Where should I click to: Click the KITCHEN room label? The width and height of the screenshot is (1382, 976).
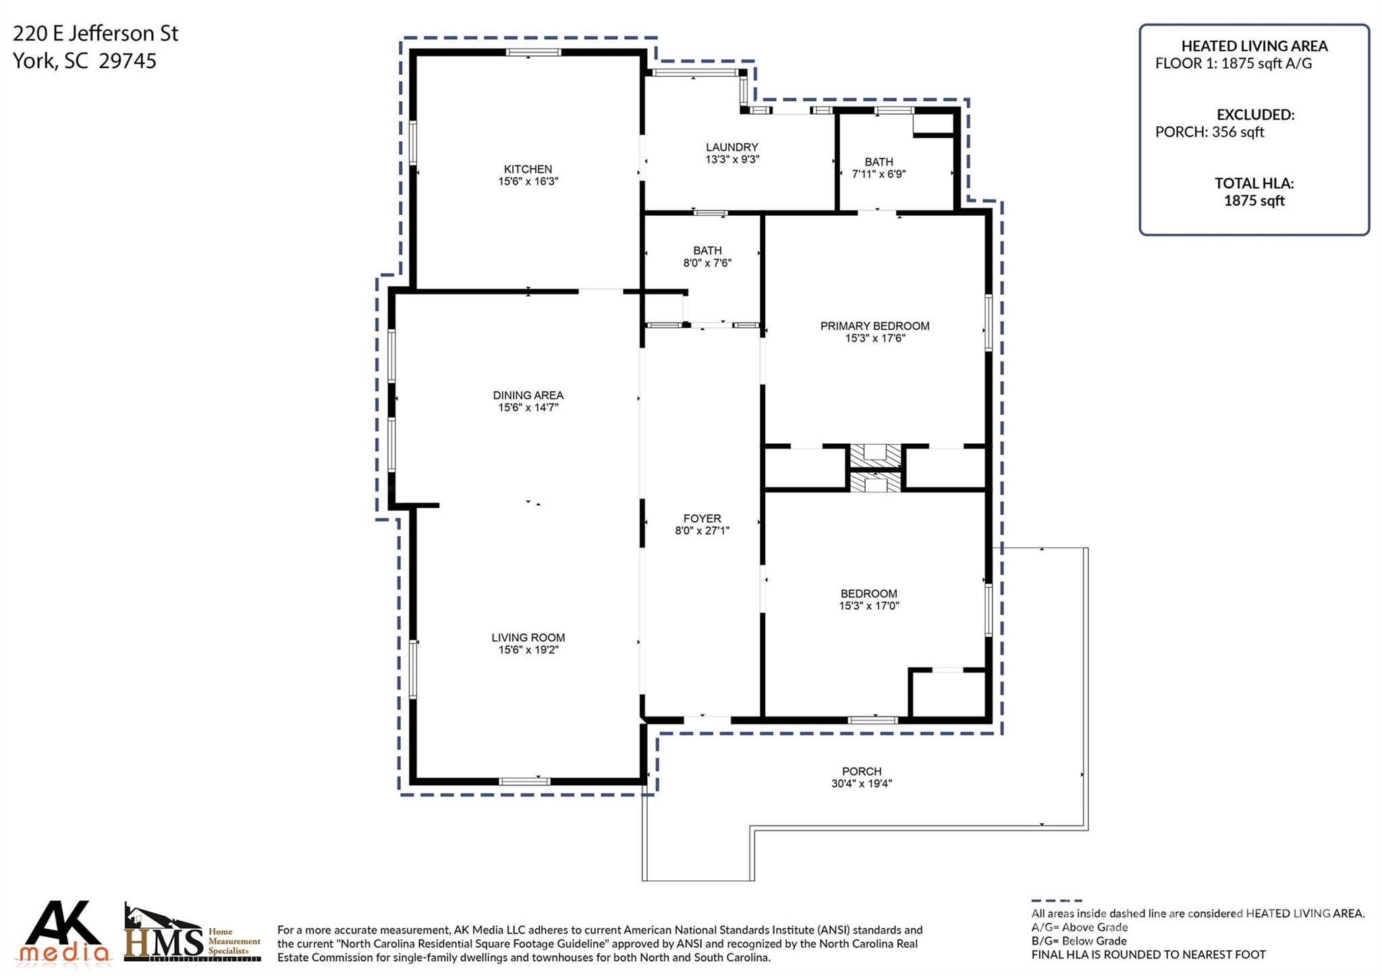pyautogui.click(x=528, y=169)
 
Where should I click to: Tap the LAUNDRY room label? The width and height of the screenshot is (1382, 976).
pyautogui.click(x=732, y=147)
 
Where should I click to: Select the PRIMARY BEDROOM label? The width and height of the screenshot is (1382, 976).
pyautogui.click(x=875, y=326)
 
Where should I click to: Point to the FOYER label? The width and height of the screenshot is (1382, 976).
pyautogui.click(x=702, y=519)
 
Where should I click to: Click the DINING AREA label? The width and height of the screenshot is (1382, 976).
pyautogui.click(x=528, y=395)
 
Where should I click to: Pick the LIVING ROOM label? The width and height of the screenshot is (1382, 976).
pyautogui.click(x=528, y=637)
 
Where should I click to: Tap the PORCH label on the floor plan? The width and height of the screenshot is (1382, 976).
pyautogui.click(x=862, y=772)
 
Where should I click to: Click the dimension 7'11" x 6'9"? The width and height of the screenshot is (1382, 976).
pyautogui.click(x=879, y=174)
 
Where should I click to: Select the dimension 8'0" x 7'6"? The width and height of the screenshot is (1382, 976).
pyautogui.click(x=707, y=263)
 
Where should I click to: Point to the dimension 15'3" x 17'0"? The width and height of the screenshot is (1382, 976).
pyautogui.click(x=869, y=606)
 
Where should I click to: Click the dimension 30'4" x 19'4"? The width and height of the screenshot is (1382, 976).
pyautogui.click(x=862, y=784)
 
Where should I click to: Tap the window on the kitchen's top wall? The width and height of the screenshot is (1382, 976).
pyautogui.click(x=534, y=53)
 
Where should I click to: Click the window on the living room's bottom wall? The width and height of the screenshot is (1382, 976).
pyautogui.click(x=524, y=782)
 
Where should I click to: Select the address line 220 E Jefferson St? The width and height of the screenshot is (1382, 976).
pyautogui.click(x=96, y=34)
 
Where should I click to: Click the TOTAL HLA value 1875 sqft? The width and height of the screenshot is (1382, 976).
pyautogui.click(x=1254, y=200)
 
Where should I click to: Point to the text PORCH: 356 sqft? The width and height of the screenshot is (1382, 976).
pyautogui.click(x=1209, y=132)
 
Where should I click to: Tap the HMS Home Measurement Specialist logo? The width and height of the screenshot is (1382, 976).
pyautogui.click(x=193, y=933)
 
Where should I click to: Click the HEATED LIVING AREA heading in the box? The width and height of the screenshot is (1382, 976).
pyautogui.click(x=1254, y=46)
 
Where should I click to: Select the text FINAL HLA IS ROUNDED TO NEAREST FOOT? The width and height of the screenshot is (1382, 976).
pyautogui.click(x=1149, y=954)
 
